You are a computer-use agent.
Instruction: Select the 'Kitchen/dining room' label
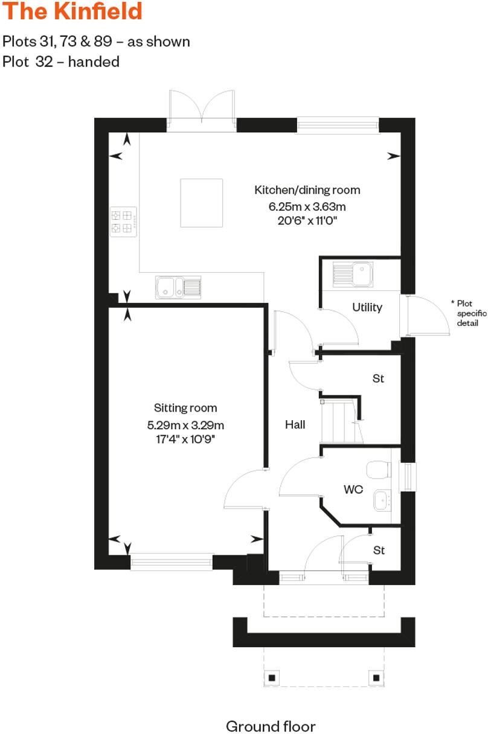307,190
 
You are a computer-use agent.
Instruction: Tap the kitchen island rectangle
202,203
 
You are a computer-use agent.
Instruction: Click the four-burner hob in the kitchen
123,221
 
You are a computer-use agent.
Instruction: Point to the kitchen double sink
178,287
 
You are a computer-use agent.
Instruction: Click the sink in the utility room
352,275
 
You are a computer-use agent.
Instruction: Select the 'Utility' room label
367,307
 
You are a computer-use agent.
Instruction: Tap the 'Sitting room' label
185,408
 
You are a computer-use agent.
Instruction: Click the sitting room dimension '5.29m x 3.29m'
185,425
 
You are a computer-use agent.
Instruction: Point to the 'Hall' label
295,424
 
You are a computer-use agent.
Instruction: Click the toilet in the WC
379,469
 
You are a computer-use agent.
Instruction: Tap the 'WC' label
353,490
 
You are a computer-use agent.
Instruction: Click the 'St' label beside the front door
379,550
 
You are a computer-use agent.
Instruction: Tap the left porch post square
272,677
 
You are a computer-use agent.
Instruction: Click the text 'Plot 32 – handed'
61,62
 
